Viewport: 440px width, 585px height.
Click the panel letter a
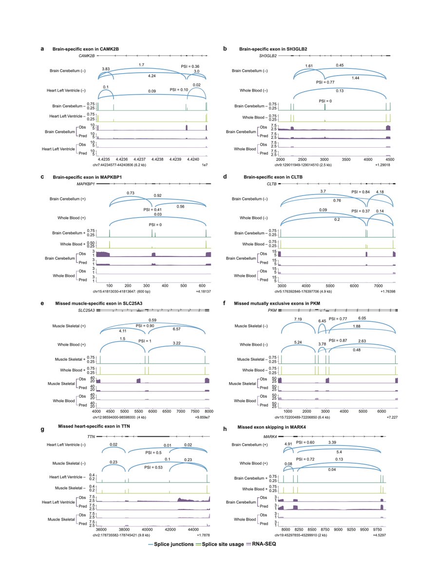tap(42, 49)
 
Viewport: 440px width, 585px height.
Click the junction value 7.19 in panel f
tap(298, 319)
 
